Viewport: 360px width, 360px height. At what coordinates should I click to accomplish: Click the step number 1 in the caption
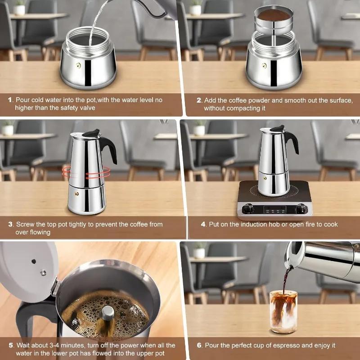10,100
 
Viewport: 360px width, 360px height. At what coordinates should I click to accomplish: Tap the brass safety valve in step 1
78,66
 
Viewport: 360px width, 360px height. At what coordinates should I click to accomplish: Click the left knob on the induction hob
247,208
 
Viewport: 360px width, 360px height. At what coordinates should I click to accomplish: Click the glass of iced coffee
283,310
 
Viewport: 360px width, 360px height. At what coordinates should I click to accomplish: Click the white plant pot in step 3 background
8,130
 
